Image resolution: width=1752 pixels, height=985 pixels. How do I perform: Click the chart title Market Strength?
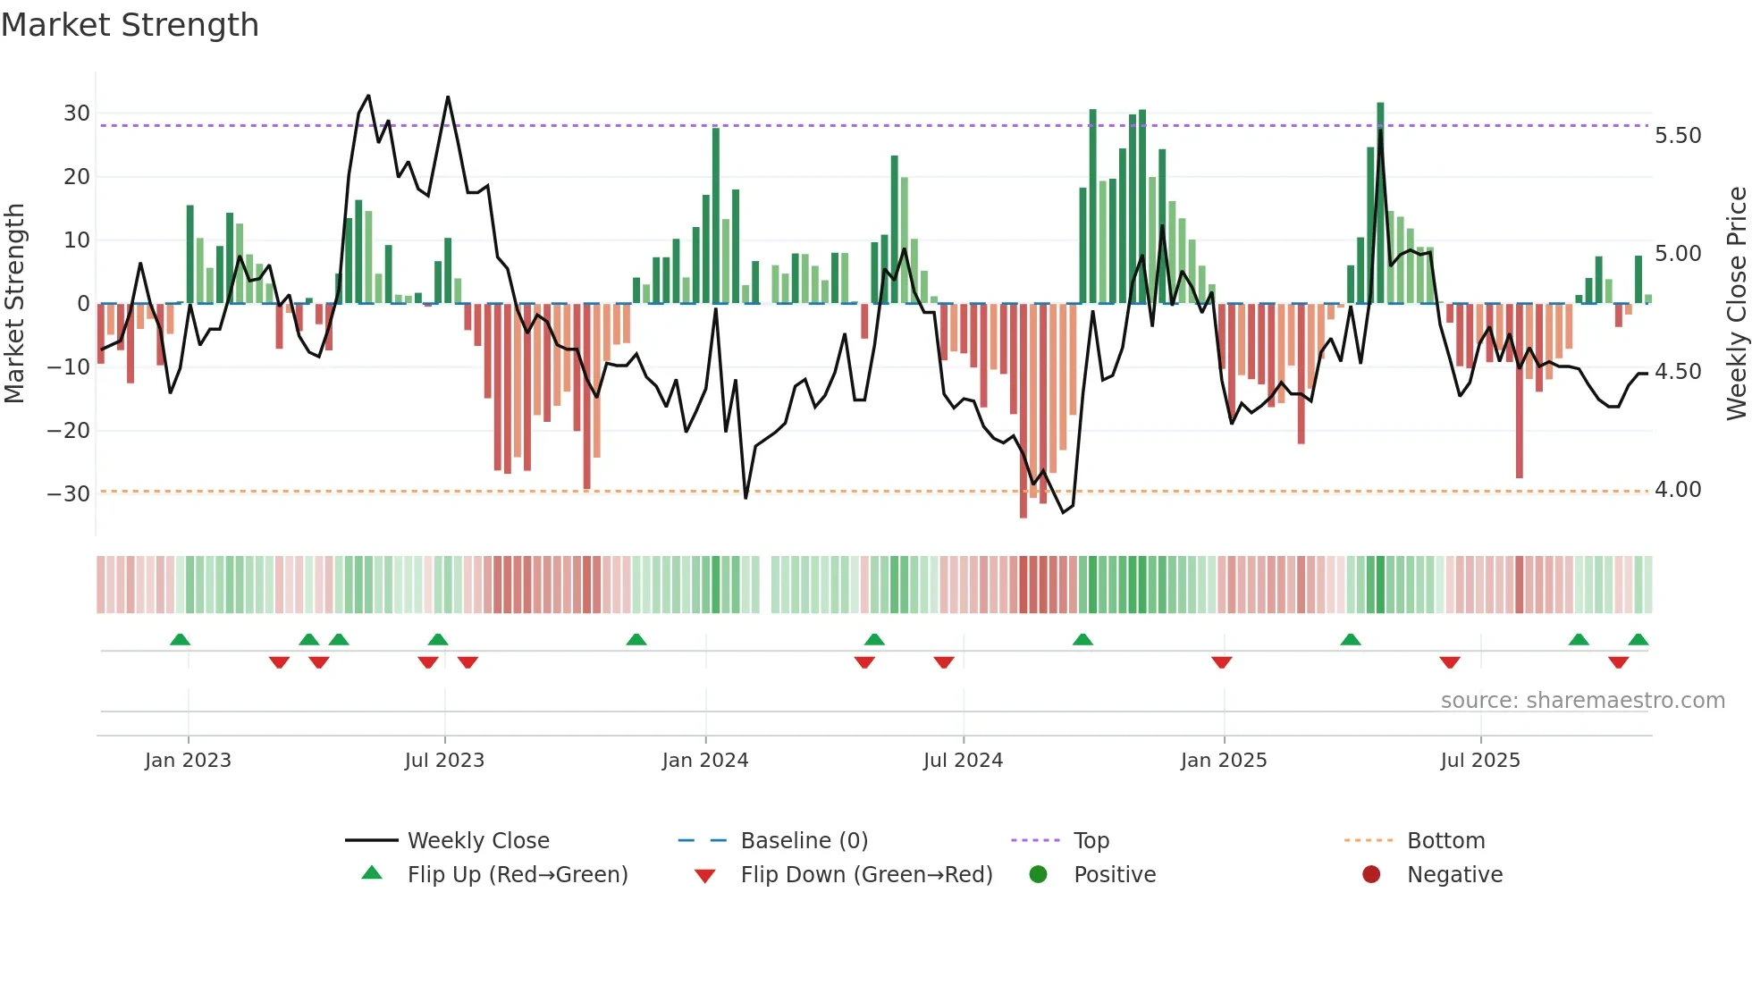tap(130, 25)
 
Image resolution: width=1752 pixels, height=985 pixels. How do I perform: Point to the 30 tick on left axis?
tap(77, 114)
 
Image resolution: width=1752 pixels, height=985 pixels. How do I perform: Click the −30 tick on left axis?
tap(69, 494)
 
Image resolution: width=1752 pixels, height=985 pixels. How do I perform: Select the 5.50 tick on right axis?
tap(1678, 136)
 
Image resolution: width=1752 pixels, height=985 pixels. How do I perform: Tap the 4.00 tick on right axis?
tap(1678, 490)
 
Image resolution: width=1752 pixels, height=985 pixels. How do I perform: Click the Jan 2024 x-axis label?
tap(704, 761)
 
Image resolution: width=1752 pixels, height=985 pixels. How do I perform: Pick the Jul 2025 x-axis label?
tap(1479, 761)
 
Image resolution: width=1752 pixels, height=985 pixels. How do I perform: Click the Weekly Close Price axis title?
tap(1736, 304)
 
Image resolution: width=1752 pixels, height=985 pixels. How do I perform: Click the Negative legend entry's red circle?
tap(1371, 875)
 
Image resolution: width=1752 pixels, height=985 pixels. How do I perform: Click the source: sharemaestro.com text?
tap(1582, 701)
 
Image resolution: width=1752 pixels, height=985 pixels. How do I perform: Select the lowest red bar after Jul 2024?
tap(1023, 411)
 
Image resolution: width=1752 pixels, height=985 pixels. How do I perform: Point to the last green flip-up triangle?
tap(1638, 640)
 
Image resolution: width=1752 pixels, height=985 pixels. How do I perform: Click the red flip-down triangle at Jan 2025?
tap(1222, 662)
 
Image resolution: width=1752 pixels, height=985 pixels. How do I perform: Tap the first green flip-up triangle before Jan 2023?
tap(180, 640)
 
